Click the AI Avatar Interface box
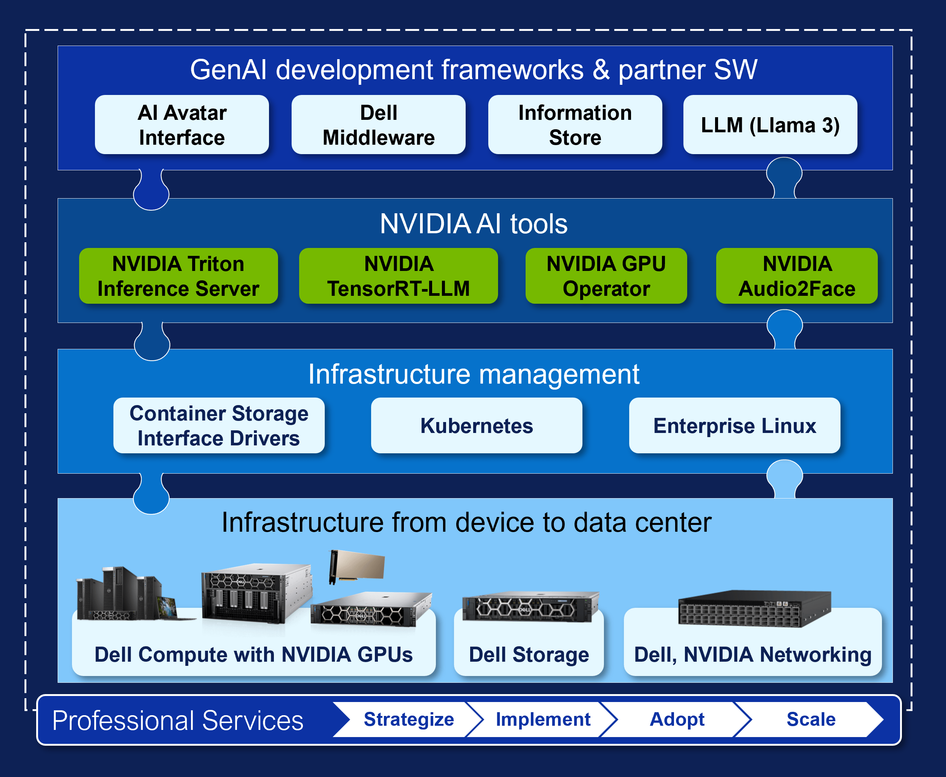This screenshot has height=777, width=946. (182, 125)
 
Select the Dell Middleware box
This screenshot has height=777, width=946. (378, 125)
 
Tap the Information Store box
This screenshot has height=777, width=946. (575, 125)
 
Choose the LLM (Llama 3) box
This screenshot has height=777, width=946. (770, 125)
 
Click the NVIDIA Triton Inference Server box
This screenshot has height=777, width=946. (178, 276)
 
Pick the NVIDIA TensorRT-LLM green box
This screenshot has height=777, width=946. (398, 276)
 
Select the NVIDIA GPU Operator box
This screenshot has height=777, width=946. (606, 276)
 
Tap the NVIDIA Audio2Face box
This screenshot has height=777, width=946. (796, 276)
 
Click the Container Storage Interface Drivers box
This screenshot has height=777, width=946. (219, 426)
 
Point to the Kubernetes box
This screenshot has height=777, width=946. (477, 426)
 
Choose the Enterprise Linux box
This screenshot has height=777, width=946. (734, 426)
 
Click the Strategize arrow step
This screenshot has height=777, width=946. (408, 719)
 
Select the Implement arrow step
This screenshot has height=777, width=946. (543, 719)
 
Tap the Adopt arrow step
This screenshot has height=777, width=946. (677, 719)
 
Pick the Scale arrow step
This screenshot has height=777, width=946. (811, 719)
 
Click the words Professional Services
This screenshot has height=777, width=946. (178, 720)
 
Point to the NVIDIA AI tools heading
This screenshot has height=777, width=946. (474, 223)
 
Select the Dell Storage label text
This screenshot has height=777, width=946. (529, 655)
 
